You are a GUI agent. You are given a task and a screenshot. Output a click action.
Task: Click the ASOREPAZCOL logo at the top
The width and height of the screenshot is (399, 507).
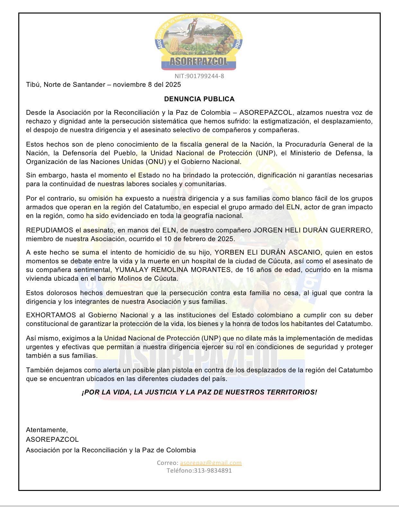pyautogui.click(x=199, y=42)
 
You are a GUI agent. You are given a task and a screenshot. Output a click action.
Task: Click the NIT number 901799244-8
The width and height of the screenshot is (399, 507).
pyautogui.click(x=199, y=76)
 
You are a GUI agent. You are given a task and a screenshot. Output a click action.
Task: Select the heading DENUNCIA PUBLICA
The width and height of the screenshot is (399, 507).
pyautogui.click(x=199, y=99)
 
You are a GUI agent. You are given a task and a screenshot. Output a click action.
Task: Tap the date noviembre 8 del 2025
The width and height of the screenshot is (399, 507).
pyautogui.click(x=147, y=85)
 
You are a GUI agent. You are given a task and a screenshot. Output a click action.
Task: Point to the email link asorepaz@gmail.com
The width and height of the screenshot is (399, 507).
pyautogui.click(x=211, y=463)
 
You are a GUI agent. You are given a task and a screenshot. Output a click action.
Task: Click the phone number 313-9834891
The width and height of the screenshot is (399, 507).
pyautogui.click(x=212, y=470)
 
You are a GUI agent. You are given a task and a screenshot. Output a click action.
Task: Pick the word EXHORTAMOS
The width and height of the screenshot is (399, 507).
pyautogui.click(x=51, y=315)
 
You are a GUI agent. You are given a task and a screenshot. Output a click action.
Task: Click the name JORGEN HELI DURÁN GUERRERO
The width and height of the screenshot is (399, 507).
pyautogui.click(x=313, y=230)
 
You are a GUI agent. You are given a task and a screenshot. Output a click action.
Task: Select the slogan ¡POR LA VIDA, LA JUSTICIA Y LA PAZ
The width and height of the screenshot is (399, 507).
pyautogui.click(x=199, y=392)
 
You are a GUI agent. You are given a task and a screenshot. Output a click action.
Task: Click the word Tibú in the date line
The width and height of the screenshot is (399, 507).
pyautogui.click(x=33, y=85)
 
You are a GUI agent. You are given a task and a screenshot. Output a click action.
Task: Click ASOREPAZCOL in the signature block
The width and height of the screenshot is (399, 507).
pyautogui.click(x=52, y=439)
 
